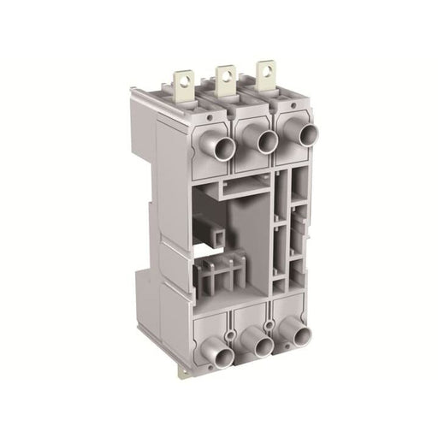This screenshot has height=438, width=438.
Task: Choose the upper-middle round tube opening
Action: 265,141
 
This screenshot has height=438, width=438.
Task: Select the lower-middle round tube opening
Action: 262,344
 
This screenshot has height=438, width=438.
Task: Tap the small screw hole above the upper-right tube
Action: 291,105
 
